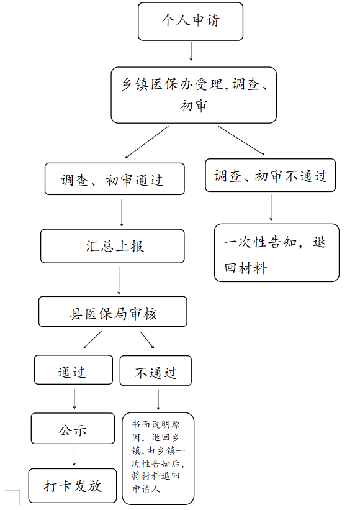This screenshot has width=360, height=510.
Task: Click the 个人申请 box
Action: (191, 22)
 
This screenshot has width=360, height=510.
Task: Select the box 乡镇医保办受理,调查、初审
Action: (194, 95)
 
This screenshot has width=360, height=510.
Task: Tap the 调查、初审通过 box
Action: (115, 179)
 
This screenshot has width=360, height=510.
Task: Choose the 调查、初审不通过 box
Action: (271, 175)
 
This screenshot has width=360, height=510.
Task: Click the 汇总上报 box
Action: (112, 246)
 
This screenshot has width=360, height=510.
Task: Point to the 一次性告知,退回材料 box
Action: (277, 253)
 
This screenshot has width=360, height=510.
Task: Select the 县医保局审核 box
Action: (113, 312)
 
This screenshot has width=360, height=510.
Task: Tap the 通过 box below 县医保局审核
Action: (73, 370)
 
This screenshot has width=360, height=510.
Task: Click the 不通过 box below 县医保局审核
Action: (156, 371)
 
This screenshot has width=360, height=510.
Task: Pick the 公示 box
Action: (73, 429)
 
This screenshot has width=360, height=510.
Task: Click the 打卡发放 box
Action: (73, 486)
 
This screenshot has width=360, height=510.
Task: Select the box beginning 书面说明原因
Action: (158, 458)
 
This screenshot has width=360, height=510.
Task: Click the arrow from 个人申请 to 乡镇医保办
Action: (191, 51)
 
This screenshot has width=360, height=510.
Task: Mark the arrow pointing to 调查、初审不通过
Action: (241, 140)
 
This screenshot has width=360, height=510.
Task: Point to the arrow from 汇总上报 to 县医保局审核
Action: (119, 281)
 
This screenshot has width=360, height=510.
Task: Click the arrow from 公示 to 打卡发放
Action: (74, 456)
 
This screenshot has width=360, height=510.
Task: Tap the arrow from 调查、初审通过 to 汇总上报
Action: (122, 212)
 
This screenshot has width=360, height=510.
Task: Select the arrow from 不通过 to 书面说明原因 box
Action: (158, 400)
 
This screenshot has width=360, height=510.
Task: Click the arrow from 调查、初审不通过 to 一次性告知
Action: (271, 207)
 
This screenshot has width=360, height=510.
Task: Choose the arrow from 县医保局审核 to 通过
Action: (92, 340)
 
